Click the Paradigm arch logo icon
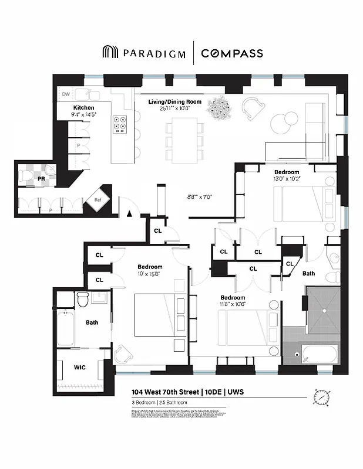(110, 53)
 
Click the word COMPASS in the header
(232, 53)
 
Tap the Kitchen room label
(83, 108)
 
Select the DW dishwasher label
(66, 93)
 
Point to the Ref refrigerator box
(98, 200)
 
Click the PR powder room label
(41, 178)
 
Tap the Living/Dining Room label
(174, 101)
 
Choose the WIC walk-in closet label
(80, 368)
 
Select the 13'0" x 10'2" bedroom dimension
(287, 179)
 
